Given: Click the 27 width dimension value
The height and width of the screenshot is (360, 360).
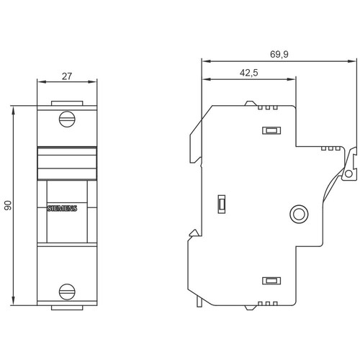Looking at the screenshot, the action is [67, 76].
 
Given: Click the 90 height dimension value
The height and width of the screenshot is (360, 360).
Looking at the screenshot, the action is [8, 206].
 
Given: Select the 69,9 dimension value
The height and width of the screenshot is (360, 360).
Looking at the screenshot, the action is [279, 54].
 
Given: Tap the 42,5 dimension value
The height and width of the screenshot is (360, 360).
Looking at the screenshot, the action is [249, 73].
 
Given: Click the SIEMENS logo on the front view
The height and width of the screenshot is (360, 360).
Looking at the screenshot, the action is [62, 208].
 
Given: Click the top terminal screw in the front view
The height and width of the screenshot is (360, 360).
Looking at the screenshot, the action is [67, 119].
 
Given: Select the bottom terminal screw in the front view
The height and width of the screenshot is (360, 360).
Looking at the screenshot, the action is [67, 292].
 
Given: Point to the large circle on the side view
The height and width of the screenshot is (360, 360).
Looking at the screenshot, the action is [299, 213].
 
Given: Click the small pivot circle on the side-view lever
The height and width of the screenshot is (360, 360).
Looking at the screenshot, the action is [348, 174].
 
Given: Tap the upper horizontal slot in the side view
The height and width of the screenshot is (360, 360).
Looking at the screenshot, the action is [271, 130].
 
